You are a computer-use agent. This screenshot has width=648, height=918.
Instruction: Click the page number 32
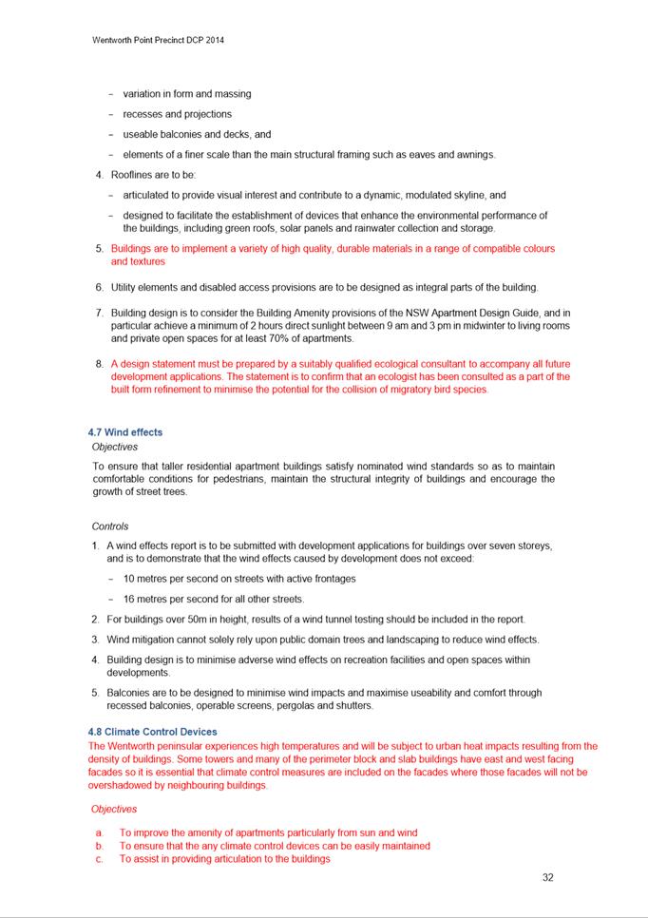(547, 877)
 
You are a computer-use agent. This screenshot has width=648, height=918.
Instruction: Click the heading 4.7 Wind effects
(124, 432)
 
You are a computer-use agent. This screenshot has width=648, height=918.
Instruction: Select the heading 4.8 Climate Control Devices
(152, 732)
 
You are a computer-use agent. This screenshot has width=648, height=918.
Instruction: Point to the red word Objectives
(114, 810)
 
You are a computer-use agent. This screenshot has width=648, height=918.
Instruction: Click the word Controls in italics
(110, 526)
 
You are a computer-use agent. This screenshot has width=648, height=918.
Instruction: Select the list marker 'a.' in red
(99, 832)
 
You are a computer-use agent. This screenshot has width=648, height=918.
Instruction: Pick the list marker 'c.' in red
(99, 859)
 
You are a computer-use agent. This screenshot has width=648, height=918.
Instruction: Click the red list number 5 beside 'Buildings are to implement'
(99, 249)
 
